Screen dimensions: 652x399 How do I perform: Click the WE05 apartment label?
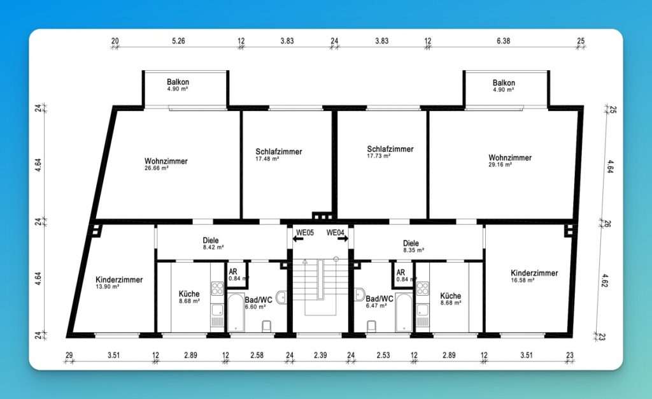click(305, 233)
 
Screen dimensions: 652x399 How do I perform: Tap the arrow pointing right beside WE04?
click(343, 239)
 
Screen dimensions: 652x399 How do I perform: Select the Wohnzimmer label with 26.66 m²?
click(166, 161)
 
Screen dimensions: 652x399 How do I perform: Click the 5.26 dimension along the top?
click(178, 41)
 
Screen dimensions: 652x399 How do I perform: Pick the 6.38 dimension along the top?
click(503, 41)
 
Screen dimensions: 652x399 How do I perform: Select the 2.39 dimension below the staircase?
click(320, 355)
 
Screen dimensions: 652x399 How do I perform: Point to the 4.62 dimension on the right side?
click(605, 280)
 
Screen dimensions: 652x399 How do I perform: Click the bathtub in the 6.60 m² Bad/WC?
click(236, 312)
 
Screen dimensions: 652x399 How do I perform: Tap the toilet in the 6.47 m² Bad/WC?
click(371, 326)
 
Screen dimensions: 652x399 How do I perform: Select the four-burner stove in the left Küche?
click(218, 289)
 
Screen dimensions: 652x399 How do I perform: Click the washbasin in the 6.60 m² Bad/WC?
click(281, 298)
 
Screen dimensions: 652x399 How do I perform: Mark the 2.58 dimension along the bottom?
click(257, 355)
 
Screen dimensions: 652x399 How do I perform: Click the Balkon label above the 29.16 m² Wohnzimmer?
click(504, 83)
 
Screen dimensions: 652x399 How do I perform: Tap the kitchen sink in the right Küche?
click(423, 310)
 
